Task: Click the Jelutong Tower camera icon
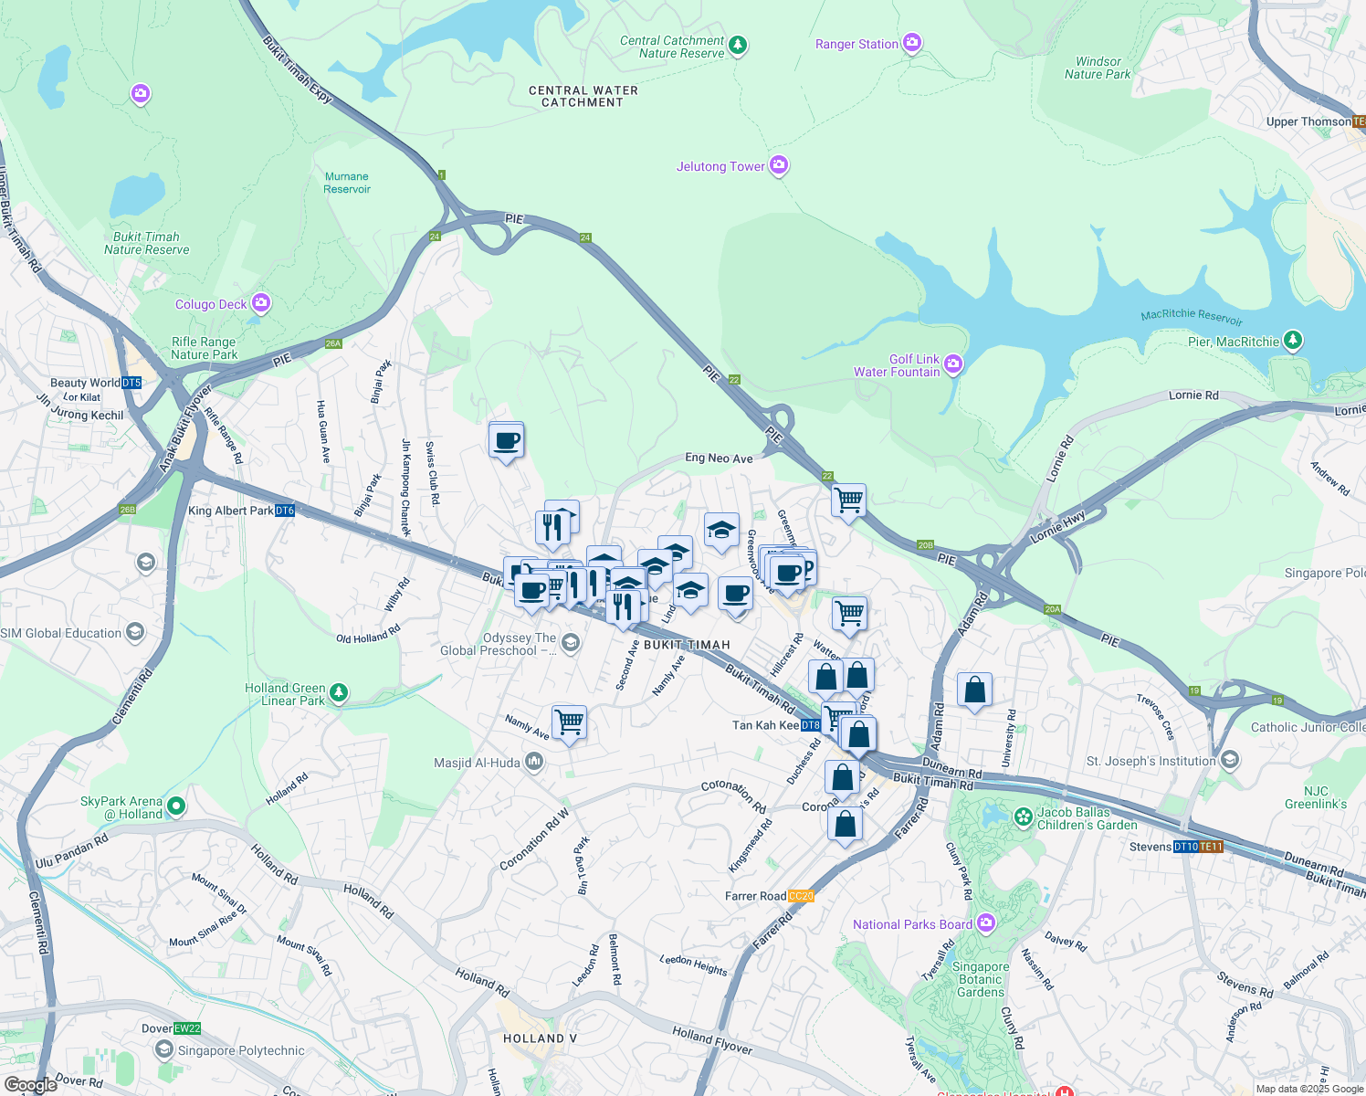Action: [779, 165]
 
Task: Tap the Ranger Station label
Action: [856, 44]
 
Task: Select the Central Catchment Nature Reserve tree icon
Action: [738, 45]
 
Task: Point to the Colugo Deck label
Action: [211, 304]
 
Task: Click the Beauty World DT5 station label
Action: [96, 383]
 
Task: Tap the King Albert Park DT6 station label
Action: [241, 511]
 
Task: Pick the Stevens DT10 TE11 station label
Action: [1175, 847]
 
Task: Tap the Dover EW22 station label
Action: [171, 1028]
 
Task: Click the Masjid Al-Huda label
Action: [477, 763]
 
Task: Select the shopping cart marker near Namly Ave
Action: [569, 722]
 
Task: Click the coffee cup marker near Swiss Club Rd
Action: [506, 441]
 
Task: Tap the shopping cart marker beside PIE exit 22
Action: [848, 501]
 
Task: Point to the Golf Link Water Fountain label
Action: [897, 365]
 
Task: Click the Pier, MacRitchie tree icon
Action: [1292, 341]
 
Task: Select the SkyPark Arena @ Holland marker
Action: [176, 806]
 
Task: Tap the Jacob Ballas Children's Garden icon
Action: [1024, 816]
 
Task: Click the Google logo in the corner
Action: [31, 1084]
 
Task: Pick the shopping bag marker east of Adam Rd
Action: [974, 690]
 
